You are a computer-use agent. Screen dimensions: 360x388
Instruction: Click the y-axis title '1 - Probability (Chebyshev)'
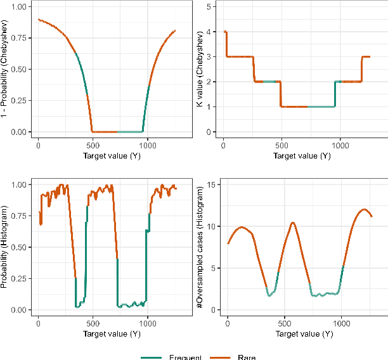(6, 68)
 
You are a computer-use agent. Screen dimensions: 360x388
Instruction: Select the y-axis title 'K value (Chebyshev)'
(200, 68)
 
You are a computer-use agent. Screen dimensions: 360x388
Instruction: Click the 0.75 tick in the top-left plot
(21, 37)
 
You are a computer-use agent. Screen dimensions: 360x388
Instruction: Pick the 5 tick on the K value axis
(216, 6)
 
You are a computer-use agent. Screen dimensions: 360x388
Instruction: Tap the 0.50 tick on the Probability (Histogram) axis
(21, 247)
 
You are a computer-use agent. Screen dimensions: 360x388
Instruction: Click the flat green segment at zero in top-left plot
(130, 131)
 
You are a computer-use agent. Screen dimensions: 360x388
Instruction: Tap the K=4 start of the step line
(225, 32)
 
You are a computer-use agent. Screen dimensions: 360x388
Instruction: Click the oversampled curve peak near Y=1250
(364, 209)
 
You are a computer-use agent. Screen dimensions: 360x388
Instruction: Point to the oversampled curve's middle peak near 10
(292, 222)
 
